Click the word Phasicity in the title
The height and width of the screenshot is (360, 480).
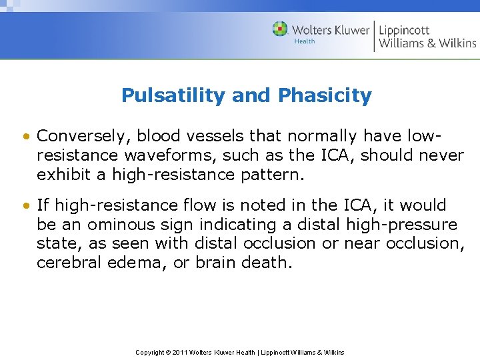[325, 96]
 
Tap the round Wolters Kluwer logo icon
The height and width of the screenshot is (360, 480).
[280, 29]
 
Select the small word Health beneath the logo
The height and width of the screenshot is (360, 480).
[304, 41]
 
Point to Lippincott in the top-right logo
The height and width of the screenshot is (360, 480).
[404, 29]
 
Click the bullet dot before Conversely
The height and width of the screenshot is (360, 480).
[25, 137]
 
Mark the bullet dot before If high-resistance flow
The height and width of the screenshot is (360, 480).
[25, 205]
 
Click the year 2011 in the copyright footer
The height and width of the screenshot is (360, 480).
[179, 352]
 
